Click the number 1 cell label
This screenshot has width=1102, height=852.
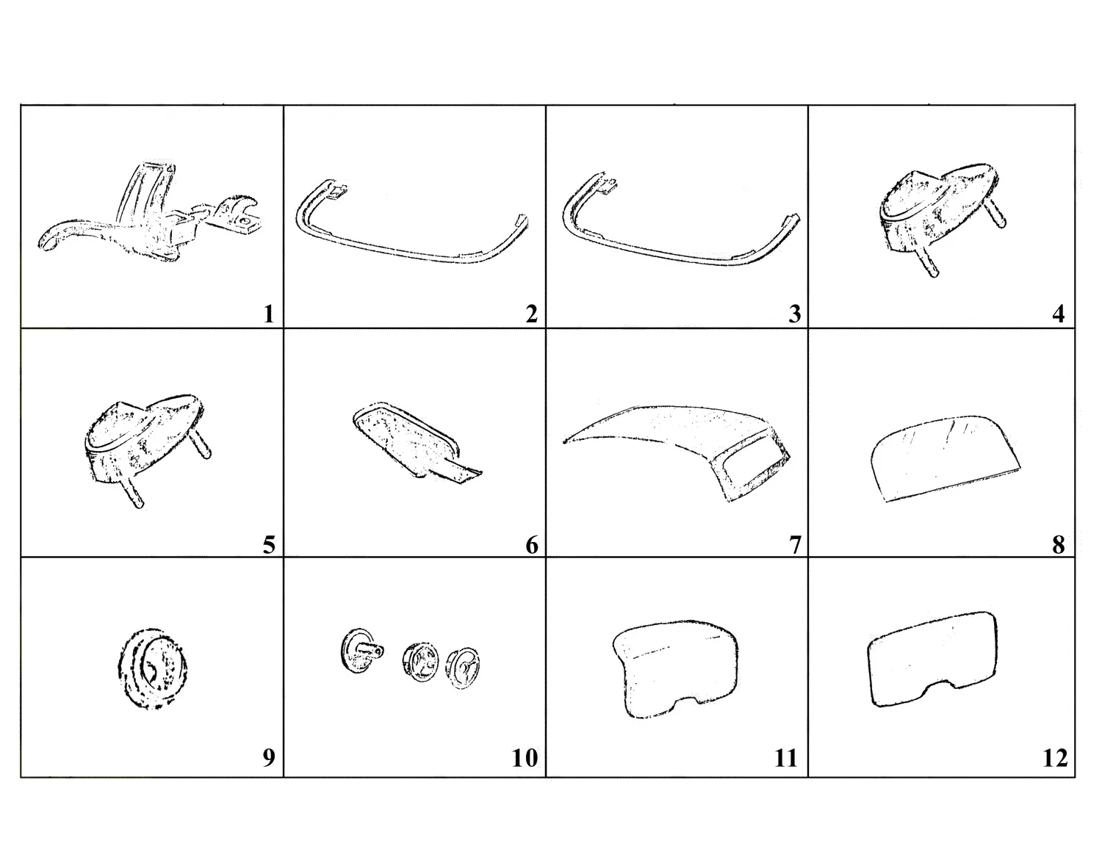click(x=269, y=314)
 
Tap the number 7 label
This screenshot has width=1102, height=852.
click(x=795, y=546)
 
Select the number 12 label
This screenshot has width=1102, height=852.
click(x=1055, y=758)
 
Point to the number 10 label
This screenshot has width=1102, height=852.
click(x=525, y=758)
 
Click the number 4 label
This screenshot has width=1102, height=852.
click(x=1058, y=314)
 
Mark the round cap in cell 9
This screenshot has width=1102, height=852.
click(x=153, y=668)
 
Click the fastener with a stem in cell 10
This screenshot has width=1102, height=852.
click(x=362, y=651)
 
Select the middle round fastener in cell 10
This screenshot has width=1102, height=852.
click(x=420, y=662)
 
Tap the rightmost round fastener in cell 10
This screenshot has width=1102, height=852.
click(x=463, y=669)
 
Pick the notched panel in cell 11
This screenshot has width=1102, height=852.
click(x=675, y=668)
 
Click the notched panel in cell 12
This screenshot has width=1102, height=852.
click(x=932, y=659)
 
